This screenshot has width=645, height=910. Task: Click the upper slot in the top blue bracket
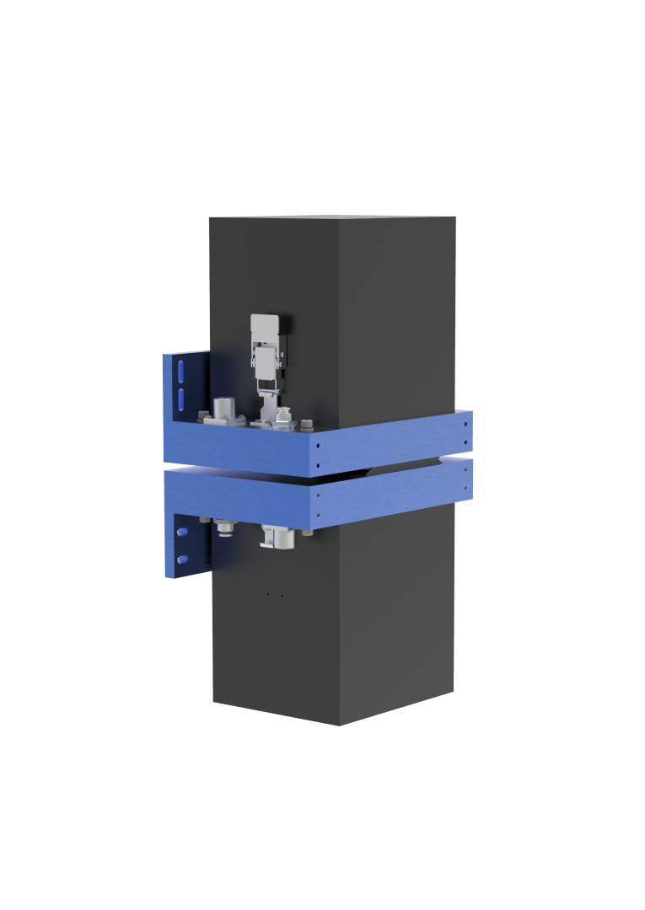tap(180, 371)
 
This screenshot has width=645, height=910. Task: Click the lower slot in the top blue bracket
tap(180, 398)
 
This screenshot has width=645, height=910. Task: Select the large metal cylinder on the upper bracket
tap(226, 410)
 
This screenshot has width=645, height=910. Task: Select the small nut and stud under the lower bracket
tap(225, 529)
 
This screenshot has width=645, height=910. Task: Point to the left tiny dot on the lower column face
tap(268, 595)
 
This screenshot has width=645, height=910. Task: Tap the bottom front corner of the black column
tap(340, 724)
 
